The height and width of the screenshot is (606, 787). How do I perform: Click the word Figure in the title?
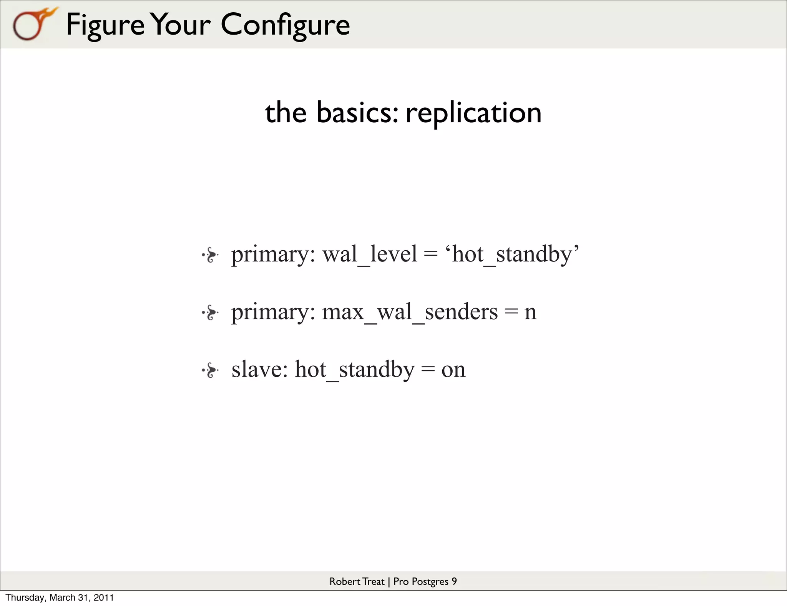tap(105, 25)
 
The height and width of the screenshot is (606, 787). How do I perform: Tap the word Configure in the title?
tap(285, 25)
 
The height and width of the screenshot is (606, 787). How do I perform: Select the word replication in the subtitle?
tap(473, 113)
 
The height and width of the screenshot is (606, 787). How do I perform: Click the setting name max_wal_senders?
tap(410, 312)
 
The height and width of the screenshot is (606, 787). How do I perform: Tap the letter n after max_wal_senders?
tap(530, 312)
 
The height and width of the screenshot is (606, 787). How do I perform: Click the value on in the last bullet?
tap(453, 370)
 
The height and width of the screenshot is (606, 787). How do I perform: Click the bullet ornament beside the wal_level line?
tap(210, 255)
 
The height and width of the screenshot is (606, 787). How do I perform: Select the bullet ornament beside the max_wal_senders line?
tap(210, 313)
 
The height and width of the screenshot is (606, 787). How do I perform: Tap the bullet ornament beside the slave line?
tap(210, 370)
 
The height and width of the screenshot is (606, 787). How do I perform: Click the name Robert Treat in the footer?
tap(357, 581)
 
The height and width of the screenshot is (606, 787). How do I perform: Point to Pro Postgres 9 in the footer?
tap(425, 581)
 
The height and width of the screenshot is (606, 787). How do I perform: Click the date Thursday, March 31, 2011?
tap(60, 598)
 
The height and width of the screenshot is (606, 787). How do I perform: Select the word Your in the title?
tap(180, 25)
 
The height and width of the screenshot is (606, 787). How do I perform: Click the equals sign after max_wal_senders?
tap(511, 312)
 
